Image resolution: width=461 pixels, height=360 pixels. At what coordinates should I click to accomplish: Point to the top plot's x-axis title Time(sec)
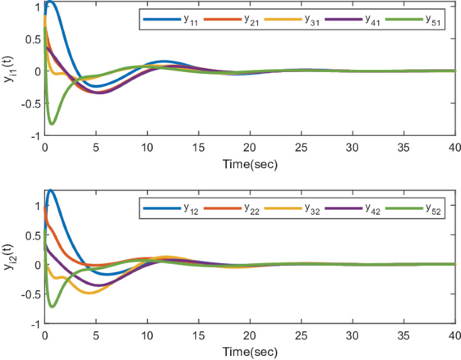click(250, 164)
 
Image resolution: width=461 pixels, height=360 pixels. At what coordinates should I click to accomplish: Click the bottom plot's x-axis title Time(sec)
click(250, 352)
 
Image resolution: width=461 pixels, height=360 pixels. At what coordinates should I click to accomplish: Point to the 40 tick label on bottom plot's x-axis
click(454, 337)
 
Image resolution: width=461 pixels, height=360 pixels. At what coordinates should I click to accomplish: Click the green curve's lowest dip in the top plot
click(52, 124)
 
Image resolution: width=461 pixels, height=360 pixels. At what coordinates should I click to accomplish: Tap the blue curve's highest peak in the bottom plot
click(50, 190)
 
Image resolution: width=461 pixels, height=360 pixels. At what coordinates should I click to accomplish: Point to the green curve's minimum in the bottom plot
click(52, 307)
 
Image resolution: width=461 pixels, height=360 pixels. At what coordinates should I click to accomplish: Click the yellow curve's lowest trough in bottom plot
click(88, 293)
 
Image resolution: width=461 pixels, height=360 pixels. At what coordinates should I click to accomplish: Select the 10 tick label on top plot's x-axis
click(147, 149)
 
